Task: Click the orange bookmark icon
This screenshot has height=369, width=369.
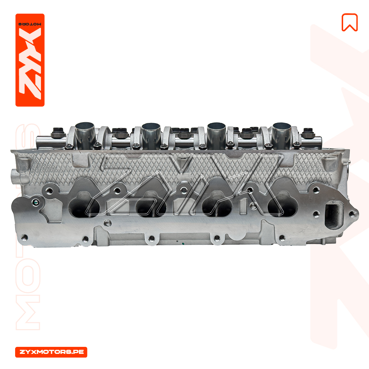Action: click(x=349, y=23)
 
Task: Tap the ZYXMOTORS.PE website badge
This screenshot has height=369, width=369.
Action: click(x=51, y=352)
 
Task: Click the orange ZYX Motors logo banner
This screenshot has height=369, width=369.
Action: click(x=30, y=60)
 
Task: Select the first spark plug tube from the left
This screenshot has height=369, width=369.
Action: click(x=85, y=135)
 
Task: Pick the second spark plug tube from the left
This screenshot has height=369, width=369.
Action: click(x=151, y=135)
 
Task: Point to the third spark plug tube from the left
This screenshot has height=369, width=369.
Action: click(x=216, y=135)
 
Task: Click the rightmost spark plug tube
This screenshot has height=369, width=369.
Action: click(x=282, y=135)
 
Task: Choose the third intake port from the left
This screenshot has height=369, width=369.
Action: click(x=217, y=205)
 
